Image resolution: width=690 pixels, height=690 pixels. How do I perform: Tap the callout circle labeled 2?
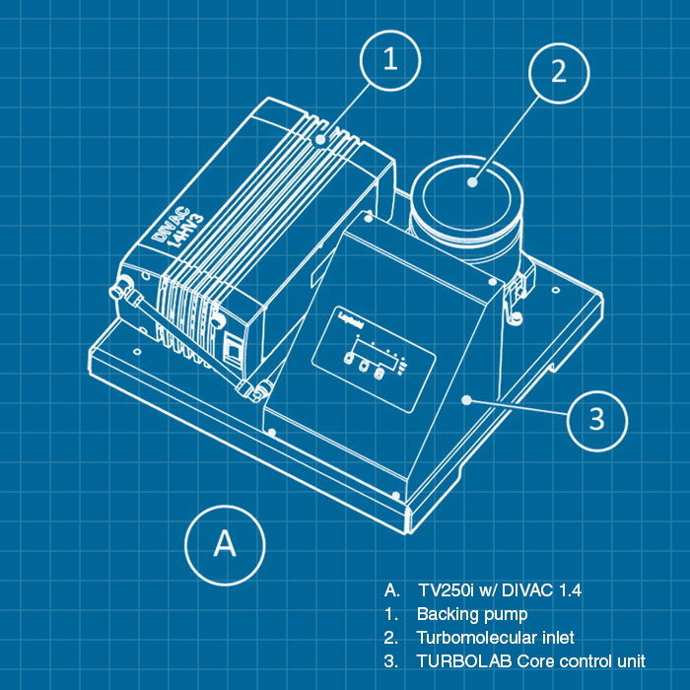pos(558,73)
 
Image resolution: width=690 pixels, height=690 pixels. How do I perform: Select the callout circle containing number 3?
pos(597,419)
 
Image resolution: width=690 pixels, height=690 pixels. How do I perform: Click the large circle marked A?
pos(226,543)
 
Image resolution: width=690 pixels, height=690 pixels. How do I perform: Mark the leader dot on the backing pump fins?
pos(320,141)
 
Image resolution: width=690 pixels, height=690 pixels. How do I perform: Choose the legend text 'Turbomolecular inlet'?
pos(495,637)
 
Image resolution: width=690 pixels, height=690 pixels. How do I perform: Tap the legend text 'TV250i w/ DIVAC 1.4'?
pos(499,590)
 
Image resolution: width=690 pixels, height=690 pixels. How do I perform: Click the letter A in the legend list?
pos(391,590)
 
